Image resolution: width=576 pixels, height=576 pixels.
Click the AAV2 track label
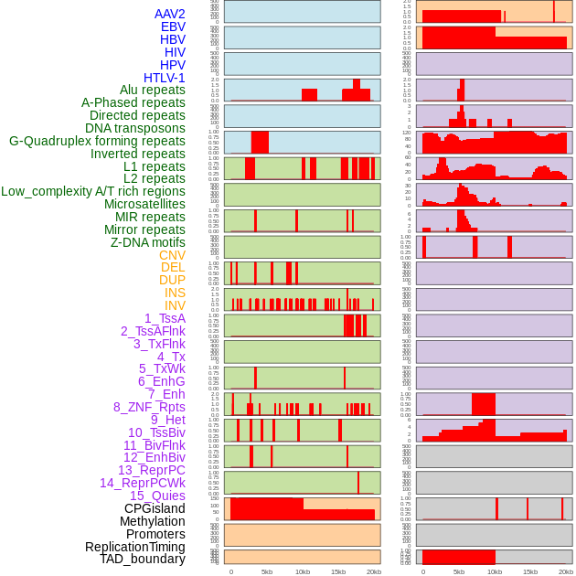coord(170,14)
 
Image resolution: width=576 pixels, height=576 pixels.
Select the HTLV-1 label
coord(165,78)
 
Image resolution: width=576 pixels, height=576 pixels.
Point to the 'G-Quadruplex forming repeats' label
coord(97,141)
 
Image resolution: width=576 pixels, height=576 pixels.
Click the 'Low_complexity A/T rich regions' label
coord(93,191)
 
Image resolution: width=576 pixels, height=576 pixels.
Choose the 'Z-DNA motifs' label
coord(148,242)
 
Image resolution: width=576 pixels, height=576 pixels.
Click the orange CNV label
coord(172,255)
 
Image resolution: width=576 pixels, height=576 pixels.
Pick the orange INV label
coord(175,305)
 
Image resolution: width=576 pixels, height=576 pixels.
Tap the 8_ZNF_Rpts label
coord(149,407)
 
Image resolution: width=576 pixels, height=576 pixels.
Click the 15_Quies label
coord(157,496)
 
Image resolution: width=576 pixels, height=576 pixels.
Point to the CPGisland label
coord(155,508)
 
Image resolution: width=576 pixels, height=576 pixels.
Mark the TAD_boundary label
coord(143,559)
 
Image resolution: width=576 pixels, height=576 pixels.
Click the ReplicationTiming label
coord(135,547)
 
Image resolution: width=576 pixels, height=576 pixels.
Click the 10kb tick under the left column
coord(303,571)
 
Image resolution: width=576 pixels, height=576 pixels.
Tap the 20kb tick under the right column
coord(566,571)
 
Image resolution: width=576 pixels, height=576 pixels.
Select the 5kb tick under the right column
coord(459,571)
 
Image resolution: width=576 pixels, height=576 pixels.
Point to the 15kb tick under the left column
coord(338,571)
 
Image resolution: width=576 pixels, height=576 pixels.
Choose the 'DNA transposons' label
coord(135,128)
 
